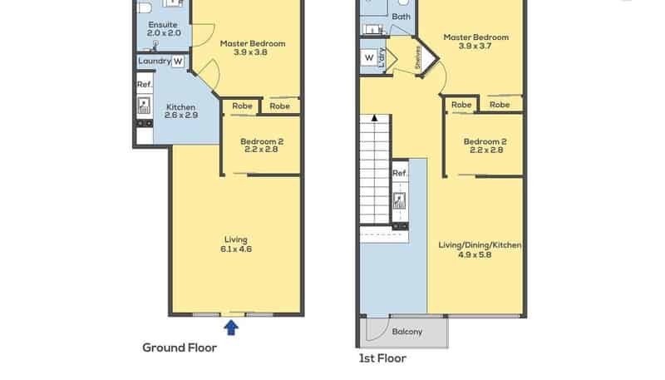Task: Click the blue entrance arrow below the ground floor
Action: coord(231,328)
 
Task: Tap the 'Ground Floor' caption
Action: coord(180,348)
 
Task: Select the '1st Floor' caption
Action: coord(382,358)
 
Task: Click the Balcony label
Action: coord(407,332)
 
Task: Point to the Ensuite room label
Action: coord(163,25)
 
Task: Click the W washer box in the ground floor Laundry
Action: coord(178,62)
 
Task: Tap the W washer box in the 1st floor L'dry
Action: coord(369,57)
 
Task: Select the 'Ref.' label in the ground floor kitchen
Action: coord(145,84)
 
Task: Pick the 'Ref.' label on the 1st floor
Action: coord(400,173)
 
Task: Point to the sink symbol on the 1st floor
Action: coord(399,200)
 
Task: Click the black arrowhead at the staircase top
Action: coord(375,118)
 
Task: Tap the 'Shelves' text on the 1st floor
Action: coord(418,57)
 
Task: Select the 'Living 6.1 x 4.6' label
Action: coord(236,244)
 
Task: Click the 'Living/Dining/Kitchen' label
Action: coord(480,245)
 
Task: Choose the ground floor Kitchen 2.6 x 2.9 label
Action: coord(181,111)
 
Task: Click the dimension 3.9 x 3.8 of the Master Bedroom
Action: coord(250,52)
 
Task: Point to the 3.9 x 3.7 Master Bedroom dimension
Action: coord(475,46)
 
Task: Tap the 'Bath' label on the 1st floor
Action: coord(401,17)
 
